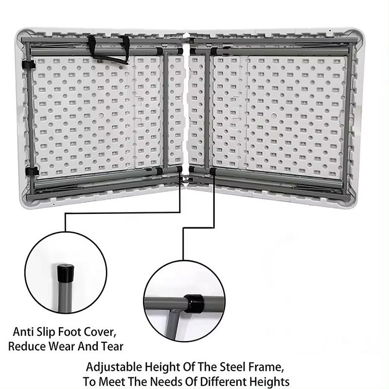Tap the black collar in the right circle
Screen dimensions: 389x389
194,303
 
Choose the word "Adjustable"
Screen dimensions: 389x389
114,368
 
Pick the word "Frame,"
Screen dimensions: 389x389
266,367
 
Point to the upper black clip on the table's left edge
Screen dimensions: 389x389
29,65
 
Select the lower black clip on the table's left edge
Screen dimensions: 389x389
32,171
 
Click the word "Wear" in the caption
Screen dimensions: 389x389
62,346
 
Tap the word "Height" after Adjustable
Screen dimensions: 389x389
162,368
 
